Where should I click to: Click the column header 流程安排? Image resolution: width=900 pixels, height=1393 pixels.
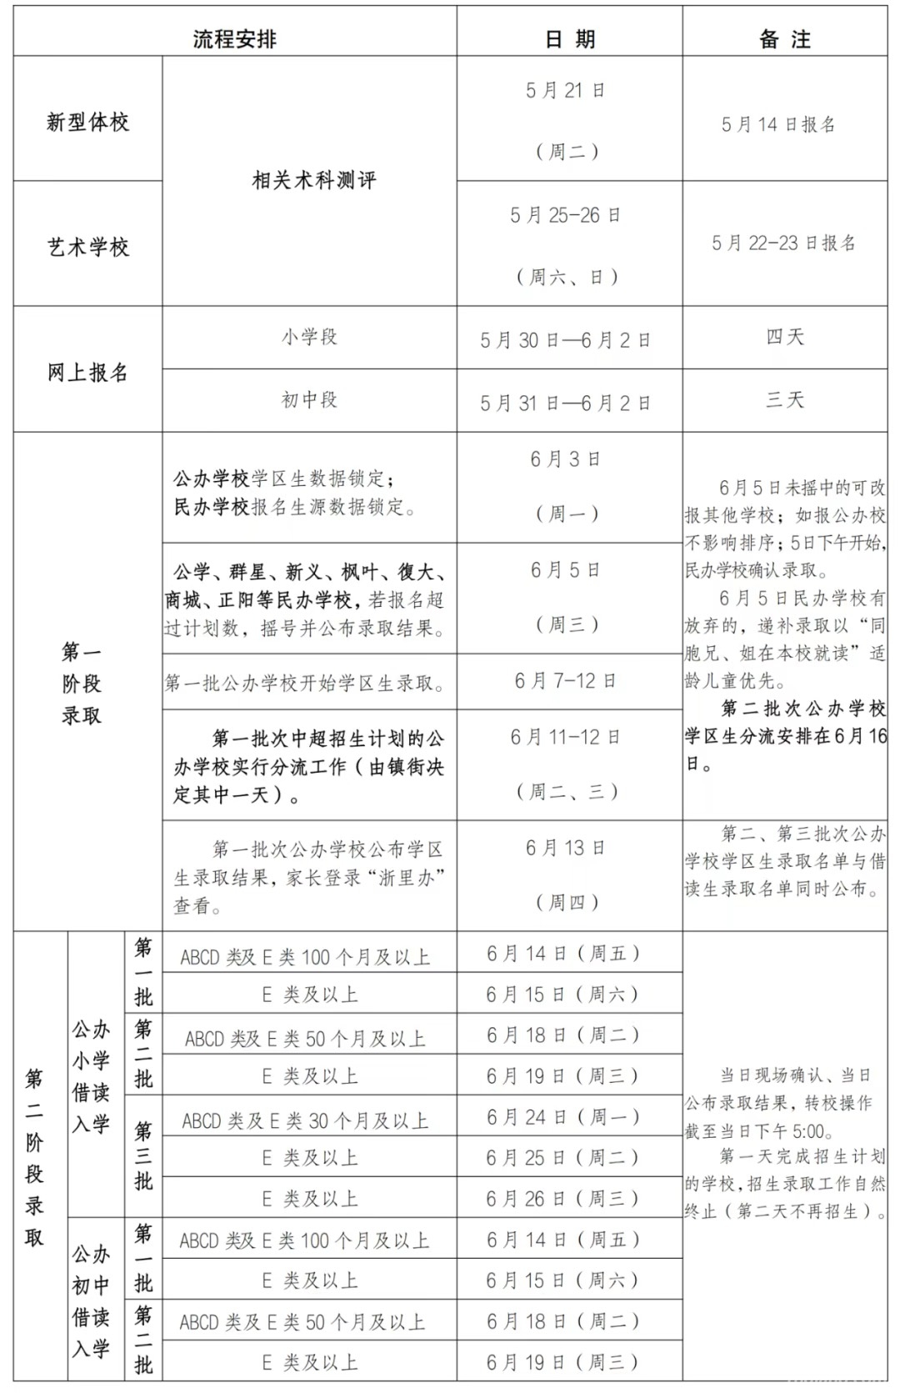click(234, 38)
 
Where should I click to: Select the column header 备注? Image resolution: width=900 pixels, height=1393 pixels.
click(784, 38)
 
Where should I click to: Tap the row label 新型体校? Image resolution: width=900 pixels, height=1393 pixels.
click(87, 123)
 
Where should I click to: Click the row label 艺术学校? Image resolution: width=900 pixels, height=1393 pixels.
click(87, 247)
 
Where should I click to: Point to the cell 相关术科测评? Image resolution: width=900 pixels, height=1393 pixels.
click(313, 180)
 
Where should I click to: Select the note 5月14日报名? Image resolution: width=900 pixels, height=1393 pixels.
click(777, 124)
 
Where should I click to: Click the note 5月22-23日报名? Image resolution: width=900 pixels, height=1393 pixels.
click(783, 243)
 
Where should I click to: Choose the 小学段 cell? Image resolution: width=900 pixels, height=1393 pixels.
click(309, 337)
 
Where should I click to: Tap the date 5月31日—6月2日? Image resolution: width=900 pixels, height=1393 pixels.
click(565, 403)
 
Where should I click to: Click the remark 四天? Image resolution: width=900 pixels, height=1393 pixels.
click(784, 337)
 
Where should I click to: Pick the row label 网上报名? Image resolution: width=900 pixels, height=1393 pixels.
click(87, 372)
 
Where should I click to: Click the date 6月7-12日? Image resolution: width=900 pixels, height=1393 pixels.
click(565, 681)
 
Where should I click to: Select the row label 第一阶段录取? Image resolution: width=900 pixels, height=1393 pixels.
click(82, 683)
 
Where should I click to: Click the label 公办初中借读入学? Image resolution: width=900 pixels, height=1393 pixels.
click(91, 1300)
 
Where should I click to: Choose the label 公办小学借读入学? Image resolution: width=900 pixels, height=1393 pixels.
click(91, 1075)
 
